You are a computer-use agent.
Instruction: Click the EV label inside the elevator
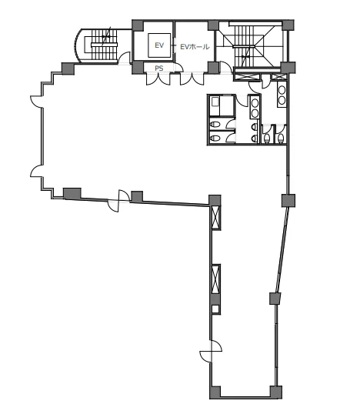tap(159, 45)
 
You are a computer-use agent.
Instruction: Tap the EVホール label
tap(195, 47)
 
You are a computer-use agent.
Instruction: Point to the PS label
tap(159, 68)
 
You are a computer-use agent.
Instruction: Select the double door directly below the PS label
tap(158, 78)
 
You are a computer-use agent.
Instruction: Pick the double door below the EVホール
tap(192, 78)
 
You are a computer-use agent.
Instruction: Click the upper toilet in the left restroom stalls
tap(215, 125)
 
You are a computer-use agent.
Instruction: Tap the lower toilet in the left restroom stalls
tap(215, 139)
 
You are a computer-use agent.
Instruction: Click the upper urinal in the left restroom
tap(255, 126)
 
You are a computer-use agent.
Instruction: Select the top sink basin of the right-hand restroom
tap(282, 90)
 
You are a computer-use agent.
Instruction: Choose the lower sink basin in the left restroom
tap(255, 113)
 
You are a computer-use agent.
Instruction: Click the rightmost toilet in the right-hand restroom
tap(281, 138)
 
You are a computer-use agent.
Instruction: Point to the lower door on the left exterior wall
tap(36, 171)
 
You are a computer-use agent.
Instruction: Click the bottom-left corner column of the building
tap(215, 392)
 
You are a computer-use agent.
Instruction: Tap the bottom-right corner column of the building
tap(276, 392)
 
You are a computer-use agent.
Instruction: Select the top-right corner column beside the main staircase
tap(288, 25)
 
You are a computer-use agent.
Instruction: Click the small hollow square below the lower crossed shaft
tap(215, 309)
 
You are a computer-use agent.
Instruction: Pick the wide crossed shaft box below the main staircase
tap(246, 77)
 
